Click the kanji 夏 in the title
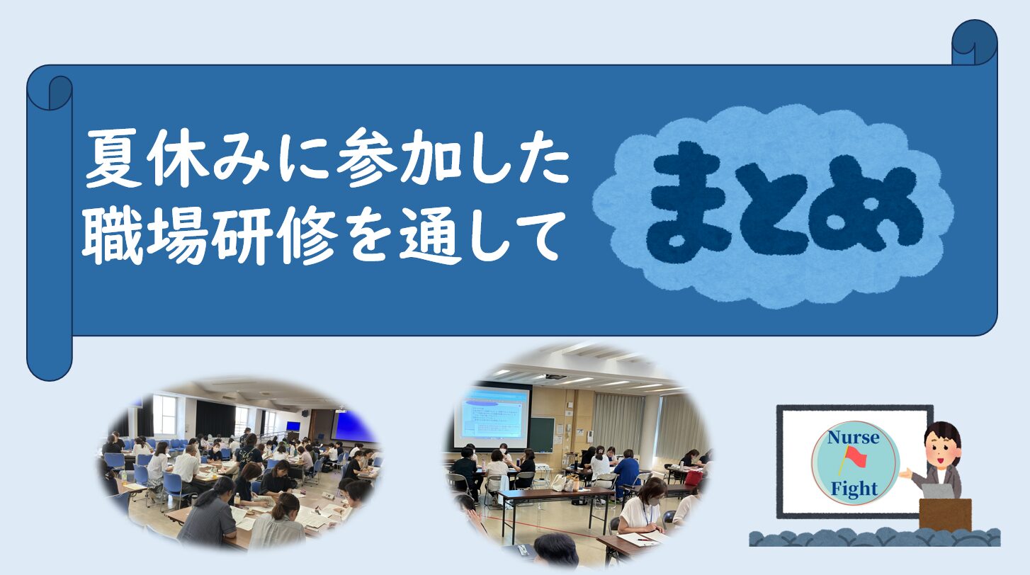[x=113, y=158]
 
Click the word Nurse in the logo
[x=854, y=438]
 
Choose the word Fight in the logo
[x=854, y=489]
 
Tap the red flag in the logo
[x=854, y=457]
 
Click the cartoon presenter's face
[x=939, y=449]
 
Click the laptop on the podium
[x=941, y=491]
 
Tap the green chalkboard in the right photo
[x=542, y=434]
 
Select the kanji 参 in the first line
[x=366, y=158]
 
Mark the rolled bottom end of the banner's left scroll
[x=50, y=363]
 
